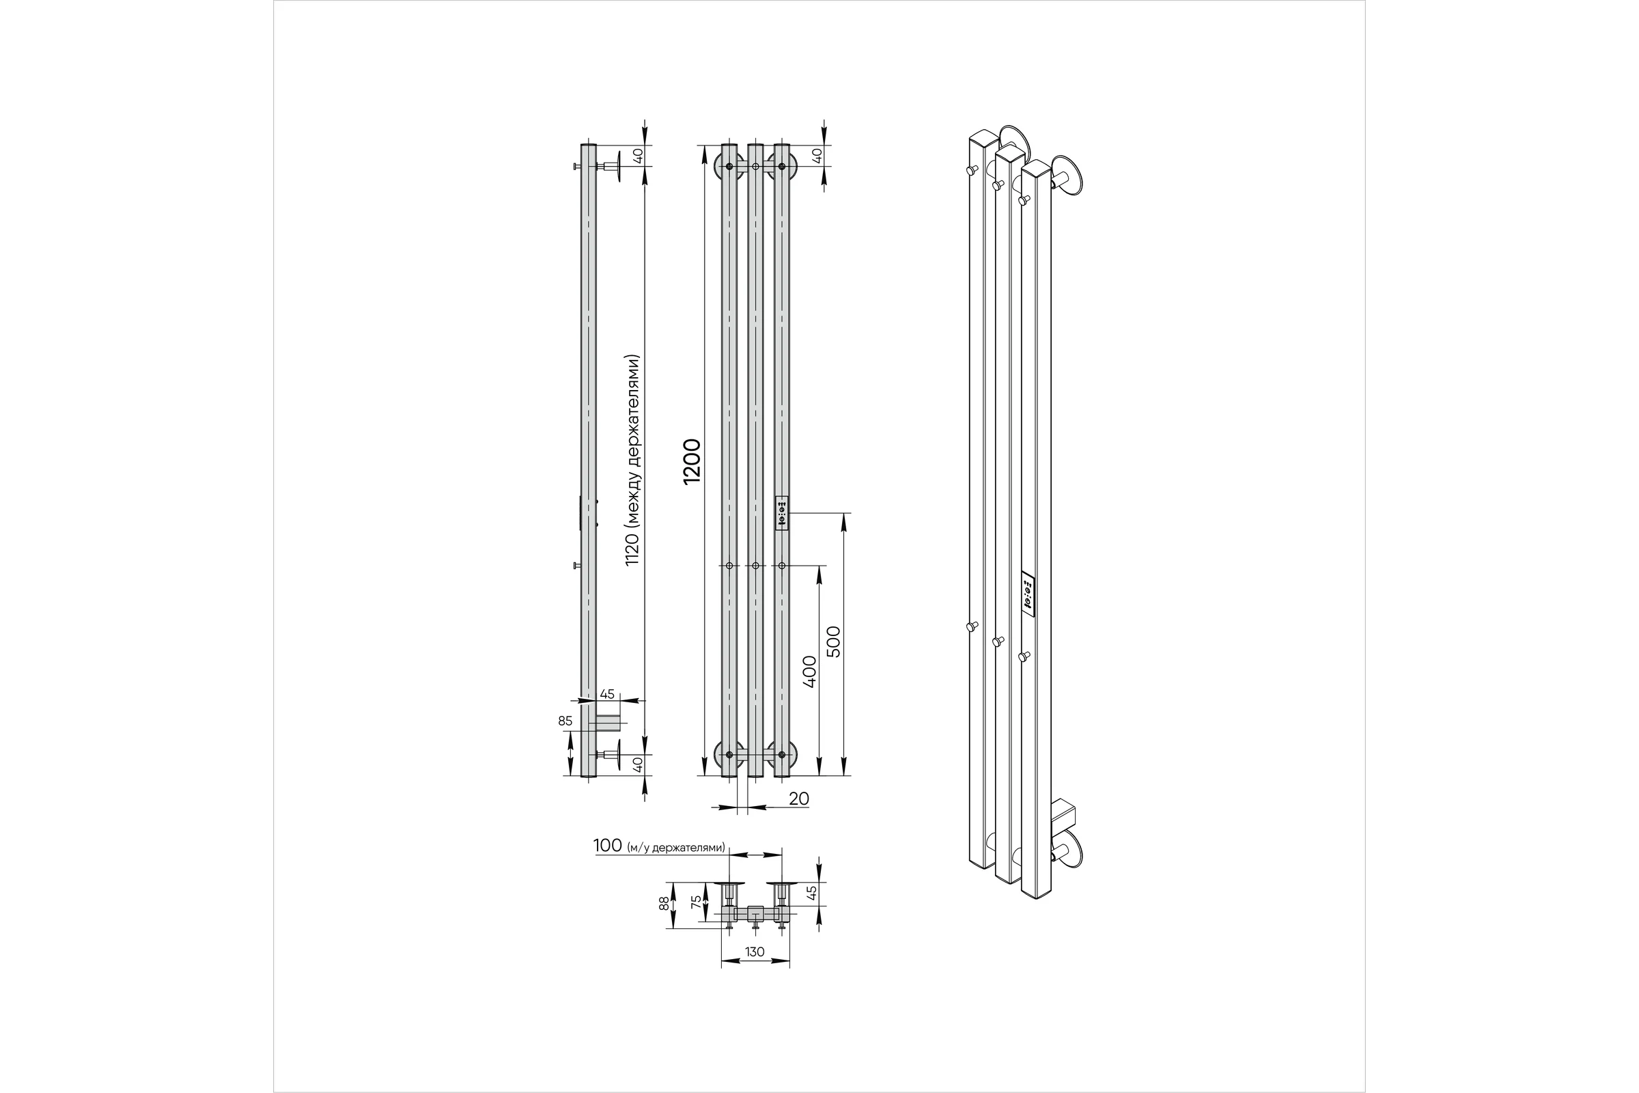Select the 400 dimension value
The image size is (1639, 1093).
[x=809, y=672]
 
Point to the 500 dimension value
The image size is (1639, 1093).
[x=833, y=641]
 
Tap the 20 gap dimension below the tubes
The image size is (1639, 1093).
[x=798, y=799]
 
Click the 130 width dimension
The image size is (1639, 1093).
[x=755, y=952]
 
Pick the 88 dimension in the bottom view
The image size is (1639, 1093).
[x=664, y=903]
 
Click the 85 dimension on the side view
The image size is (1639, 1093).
[x=565, y=721]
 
